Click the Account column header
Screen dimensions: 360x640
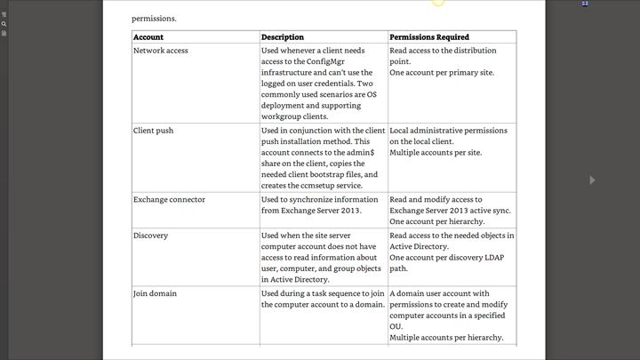(x=148, y=37)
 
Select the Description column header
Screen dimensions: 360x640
(x=283, y=37)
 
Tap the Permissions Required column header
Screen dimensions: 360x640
(x=429, y=37)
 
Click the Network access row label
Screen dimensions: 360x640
(x=162, y=51)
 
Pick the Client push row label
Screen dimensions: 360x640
(x=153, y=131)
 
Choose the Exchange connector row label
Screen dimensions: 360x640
(x=169, y=199)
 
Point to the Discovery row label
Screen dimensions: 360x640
(x=150, y=236)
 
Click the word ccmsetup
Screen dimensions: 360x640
(x=319, y=185)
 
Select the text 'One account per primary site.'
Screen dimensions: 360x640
(x=442, y=73)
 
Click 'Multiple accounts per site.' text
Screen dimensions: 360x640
(x=436, y=153)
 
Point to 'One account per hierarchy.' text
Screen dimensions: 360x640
(x=436, y=221)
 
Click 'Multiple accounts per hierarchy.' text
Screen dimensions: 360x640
(x=446, y=338)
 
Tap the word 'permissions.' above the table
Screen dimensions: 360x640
(x=154, y=18)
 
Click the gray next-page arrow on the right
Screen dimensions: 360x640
(x=592, y=180)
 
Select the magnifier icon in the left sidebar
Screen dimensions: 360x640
(x=4, y=24)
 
